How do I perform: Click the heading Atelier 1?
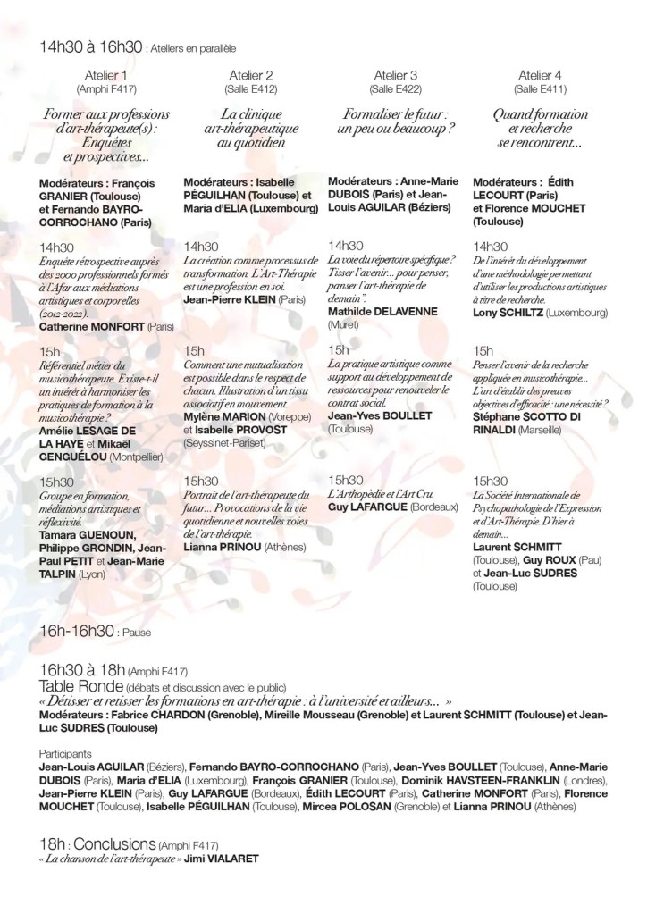pyautogui.click(x=112, y=75)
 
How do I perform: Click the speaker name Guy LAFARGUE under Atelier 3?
pyautogui.click(x=368, y=507)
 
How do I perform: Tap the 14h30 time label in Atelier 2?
pyautogui.click(x=200, y=247)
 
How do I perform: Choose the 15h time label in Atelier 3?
pyautogui.click(x=339, y=349)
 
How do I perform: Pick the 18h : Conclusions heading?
pyautogui.click(x=97, y=844)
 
